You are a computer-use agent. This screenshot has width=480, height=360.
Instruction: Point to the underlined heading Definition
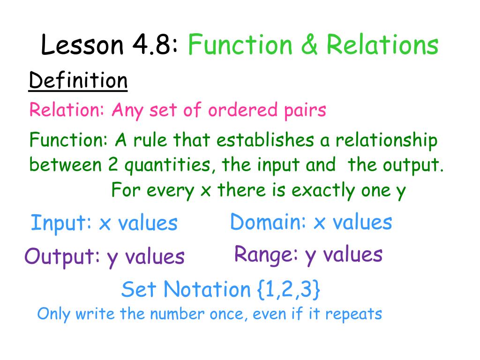tap(78, 81)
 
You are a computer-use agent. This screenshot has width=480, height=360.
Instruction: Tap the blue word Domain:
tap(268, 222)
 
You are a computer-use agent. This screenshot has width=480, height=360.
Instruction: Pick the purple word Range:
tap(266, 255)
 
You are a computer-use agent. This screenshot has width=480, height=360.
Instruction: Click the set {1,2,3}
tap(289, 290)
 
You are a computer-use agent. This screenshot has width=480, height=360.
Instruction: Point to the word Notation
tap(207, 290)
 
